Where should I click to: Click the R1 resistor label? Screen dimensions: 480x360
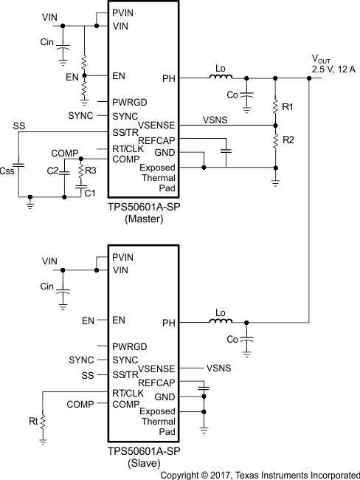coord(288,107)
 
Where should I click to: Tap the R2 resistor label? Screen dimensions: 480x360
coord(288,139)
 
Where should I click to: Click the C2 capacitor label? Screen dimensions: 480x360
coord(53,171)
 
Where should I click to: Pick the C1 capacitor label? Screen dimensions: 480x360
coord(89,193)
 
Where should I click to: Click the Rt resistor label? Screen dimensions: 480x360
coord(33,421)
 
